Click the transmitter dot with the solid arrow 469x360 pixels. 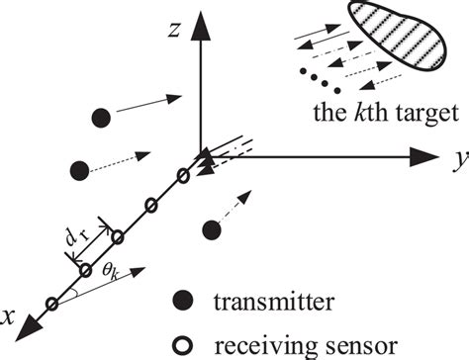pos(99,117)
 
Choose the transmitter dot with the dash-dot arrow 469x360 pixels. pos(209,230)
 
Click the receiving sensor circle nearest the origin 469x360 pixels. pos(183,176)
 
